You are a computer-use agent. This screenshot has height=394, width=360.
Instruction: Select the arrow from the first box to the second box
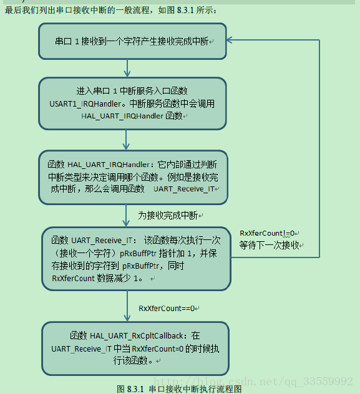click(x=127, y=68)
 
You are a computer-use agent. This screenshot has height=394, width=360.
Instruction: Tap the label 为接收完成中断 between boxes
click(x=169, y=215)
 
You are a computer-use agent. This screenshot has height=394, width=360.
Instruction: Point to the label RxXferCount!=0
click(x=268, y=233)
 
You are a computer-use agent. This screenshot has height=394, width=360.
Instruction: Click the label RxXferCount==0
click(x=167, y=308)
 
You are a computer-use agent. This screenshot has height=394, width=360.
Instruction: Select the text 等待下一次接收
click(x=270, y=245)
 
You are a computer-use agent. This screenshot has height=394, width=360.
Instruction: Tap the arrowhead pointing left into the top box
click(x=231, y=40)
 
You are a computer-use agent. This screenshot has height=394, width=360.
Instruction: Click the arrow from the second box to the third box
click(x=127, y=140)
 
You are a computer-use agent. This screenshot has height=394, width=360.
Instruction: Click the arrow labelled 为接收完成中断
click(x=127, y=216)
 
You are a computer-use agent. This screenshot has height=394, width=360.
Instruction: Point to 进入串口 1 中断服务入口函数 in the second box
click(x=131, y=91)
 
